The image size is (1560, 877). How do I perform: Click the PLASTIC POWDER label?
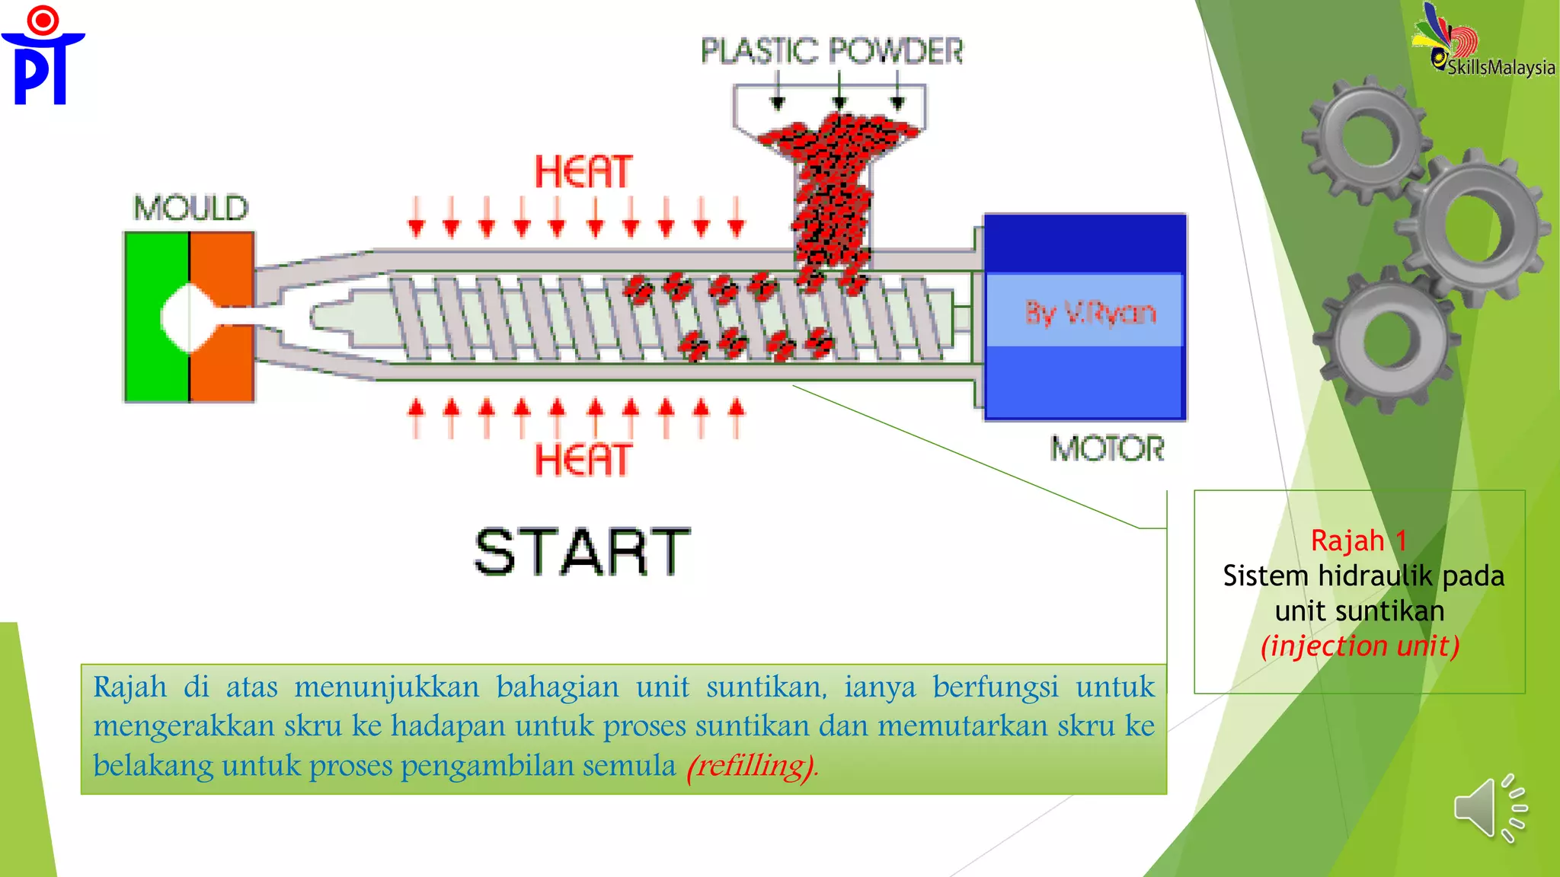(x=832, y=51)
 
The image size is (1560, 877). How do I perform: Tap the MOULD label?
(x=191, y=208)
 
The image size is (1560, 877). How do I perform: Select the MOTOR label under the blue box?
(x=1108, y=448)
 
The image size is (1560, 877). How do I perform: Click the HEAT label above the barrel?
(x=583, y=171)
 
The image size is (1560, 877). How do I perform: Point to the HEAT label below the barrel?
(x=583, y=460)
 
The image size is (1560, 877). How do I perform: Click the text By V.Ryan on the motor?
(x=1090, y=312)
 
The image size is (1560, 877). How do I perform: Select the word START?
(x=583, y=552)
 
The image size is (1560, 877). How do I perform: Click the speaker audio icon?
(x=1489, y=808)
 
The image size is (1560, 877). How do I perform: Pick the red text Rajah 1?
(x=1358, y=541)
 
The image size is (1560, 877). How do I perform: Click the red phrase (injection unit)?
(x=1360, y=646)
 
